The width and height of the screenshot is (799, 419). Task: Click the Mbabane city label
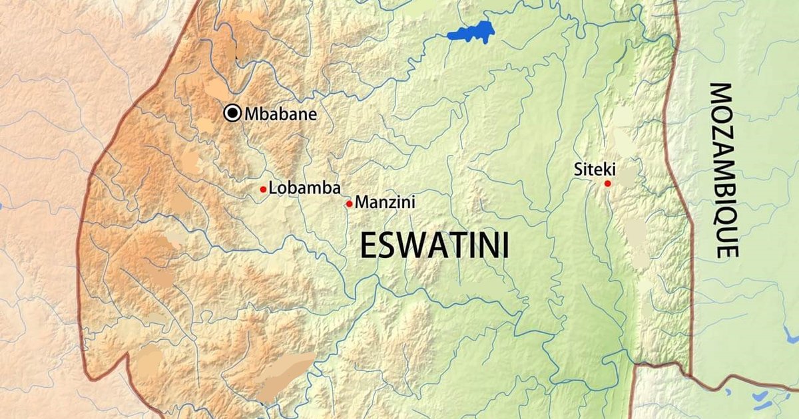tap(280, 114)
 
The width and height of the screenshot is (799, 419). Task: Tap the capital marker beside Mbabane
tap(232, 114)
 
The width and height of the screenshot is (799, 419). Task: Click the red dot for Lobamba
tap(263, 190)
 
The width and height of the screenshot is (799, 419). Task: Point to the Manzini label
tap(386, 202)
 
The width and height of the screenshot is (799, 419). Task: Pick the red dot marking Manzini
tap(349, 204)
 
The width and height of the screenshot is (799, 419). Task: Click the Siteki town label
tap(595, 170)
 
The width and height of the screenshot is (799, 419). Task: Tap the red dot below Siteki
tap(607, 183)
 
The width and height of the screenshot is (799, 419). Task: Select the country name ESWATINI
tap(434, 245)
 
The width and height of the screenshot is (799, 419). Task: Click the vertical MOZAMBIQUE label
tap(723, 170)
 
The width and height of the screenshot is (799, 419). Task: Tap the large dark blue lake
tap(471, 32)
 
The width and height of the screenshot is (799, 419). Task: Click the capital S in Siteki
tap(578, 170)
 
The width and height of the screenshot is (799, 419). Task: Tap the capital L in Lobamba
tap(272, 188)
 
